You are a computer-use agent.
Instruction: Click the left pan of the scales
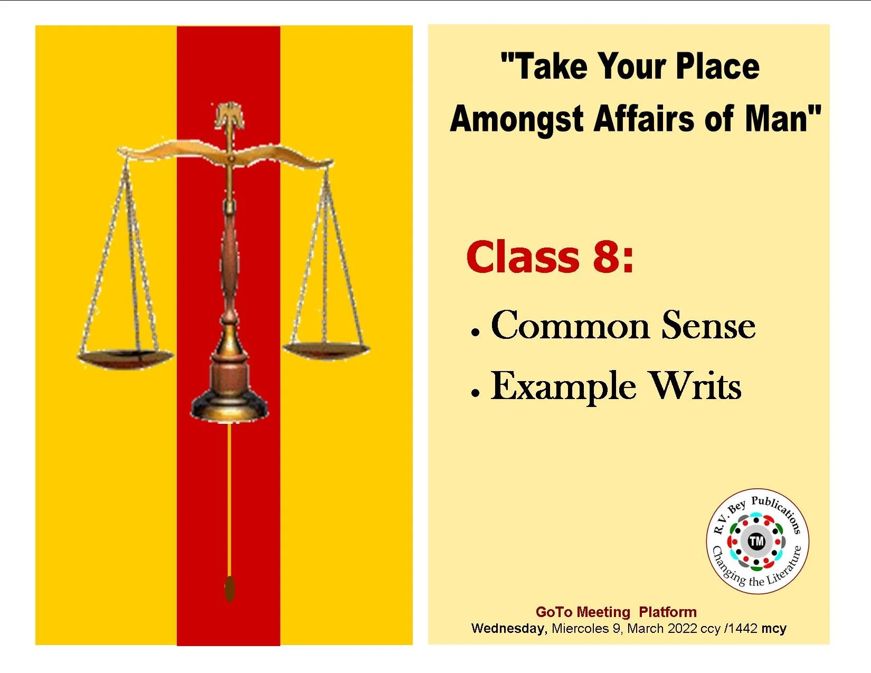125,357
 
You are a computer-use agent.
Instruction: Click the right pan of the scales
326,348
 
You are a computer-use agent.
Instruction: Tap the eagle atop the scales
230,115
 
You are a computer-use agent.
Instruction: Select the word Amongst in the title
516,118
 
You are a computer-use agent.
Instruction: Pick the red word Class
523,257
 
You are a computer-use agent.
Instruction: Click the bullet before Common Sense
476,333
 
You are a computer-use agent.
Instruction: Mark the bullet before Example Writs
476,393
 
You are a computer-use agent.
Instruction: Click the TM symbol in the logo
756,541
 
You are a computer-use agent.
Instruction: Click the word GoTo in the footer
554,612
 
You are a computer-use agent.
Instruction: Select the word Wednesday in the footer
508,629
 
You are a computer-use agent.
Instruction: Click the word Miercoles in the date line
580,629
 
